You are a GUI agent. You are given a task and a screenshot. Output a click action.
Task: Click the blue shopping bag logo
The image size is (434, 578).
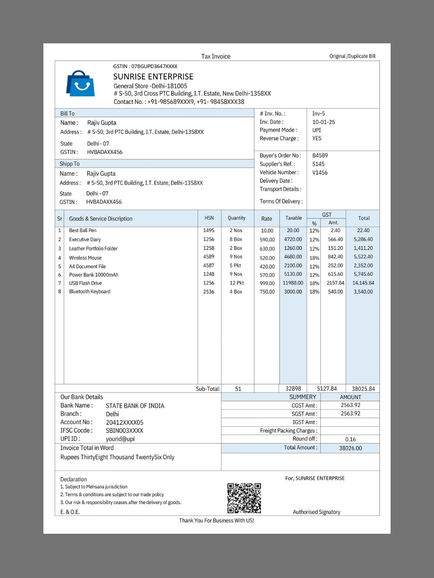(80, 84)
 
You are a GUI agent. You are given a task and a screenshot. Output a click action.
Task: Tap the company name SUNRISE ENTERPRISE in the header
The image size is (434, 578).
(153, 77)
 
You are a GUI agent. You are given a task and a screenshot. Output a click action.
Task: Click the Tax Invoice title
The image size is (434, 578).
(216, 56)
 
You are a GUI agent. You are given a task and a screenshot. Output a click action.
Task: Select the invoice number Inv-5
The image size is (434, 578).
(319, 114)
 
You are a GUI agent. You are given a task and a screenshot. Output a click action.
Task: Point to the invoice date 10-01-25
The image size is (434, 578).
(324, 122)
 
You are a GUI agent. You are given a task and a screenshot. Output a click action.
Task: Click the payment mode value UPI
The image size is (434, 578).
(316, 130)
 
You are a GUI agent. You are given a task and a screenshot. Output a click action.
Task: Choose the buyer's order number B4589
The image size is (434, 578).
(320, 155)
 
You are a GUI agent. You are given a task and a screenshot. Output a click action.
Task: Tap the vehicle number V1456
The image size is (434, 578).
(320, 172)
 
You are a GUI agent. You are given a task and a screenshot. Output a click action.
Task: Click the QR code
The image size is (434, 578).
(244, 498)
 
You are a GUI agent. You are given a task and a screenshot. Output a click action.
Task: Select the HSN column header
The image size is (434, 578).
(209, 218)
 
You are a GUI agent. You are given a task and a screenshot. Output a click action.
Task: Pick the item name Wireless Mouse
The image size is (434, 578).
(85, 258)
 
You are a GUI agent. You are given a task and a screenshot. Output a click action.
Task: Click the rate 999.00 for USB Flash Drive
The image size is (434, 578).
(267, 284)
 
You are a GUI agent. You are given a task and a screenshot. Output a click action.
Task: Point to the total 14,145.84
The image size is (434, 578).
(363, 283)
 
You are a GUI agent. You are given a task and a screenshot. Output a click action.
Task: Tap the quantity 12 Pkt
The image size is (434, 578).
(236, 283)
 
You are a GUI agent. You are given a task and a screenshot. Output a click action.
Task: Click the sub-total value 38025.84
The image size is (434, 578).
(363, 389)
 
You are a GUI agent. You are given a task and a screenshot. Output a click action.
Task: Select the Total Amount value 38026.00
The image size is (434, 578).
(350, 448)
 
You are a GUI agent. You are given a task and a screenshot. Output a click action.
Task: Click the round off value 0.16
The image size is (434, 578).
(350, 439)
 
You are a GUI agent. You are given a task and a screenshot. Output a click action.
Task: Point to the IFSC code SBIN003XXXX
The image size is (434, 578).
(124, 431)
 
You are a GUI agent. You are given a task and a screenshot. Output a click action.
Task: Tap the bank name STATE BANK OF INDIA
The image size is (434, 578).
(135, 406)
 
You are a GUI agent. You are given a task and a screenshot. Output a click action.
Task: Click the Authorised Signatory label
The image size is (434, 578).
(316, 512)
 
